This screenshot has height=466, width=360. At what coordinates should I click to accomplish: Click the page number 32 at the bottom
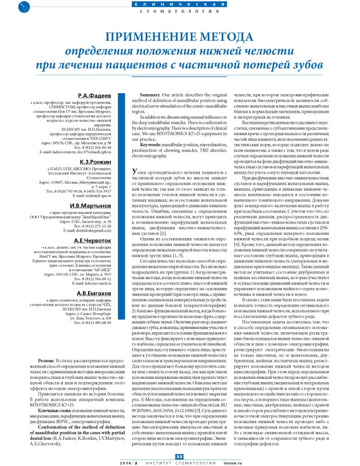click(x=180, y=456)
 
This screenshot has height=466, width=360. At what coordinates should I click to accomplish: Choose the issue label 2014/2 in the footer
click(x=128, y=462)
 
